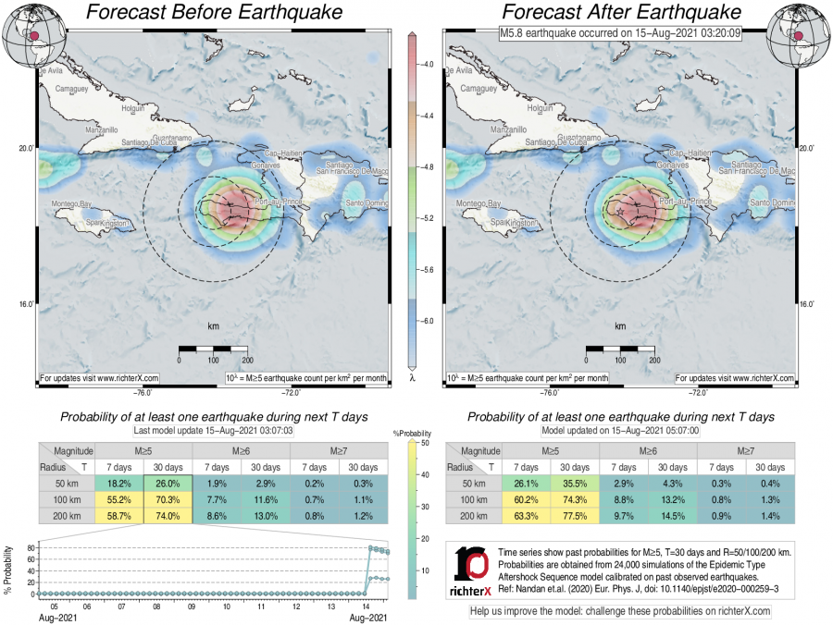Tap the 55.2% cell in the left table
118,500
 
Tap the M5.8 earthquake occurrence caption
607,34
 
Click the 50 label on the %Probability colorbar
422,444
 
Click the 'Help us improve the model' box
620,612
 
